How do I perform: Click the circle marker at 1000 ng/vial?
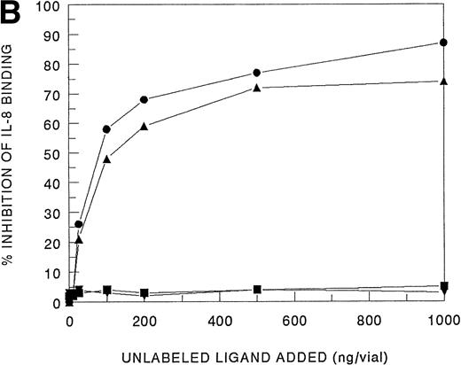pyautogui.click(x=443, y=43)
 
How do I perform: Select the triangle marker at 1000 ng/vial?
pyautogui.click(x=443, y=82)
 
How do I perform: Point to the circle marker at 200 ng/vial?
pyautogui.click(x=144, y=99)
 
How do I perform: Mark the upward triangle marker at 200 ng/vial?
pyautogui.click(x=144, y=127)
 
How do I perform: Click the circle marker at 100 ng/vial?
pyautogui.click(x=106, y=129)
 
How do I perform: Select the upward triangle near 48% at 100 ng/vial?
pyautogui.click(x=106, y=159)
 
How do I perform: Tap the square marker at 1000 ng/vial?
pyautogui.click(x=443, y=286)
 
